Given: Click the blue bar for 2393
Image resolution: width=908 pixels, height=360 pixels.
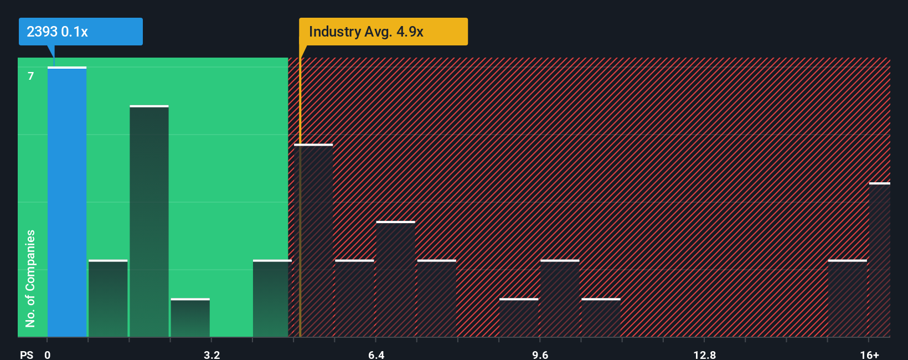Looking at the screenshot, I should coord(67,202).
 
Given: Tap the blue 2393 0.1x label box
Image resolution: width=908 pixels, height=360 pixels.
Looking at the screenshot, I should coord(81,32).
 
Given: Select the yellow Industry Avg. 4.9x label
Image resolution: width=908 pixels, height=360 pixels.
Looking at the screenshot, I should coord(383,32).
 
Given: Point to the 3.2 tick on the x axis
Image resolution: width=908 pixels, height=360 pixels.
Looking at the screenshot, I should coord(211,354).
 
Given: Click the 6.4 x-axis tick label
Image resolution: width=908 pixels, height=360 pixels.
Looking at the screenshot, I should coord(376,354).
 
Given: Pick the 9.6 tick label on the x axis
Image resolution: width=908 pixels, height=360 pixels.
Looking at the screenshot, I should coord(540,354).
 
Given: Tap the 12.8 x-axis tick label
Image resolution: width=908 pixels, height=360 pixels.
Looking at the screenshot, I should coord(704,354).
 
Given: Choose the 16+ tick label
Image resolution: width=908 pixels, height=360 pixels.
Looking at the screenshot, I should coord(869,354).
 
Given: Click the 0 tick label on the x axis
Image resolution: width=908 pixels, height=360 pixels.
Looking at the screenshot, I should coord(48,354).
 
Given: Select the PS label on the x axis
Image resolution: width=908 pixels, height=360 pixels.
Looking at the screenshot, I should coord(27,354).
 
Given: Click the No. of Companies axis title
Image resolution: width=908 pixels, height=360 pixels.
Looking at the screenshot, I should coord(30,278).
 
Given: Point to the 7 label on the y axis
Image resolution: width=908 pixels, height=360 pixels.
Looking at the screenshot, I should coord(31,76).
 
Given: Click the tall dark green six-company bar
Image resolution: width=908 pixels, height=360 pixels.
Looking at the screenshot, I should coord(149,222).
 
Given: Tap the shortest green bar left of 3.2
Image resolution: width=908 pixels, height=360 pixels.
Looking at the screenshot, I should coord(190,318).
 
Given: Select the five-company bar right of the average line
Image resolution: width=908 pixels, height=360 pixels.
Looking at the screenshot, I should coord(313,241).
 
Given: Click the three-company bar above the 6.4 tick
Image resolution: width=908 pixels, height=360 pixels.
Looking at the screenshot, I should coord(395,279).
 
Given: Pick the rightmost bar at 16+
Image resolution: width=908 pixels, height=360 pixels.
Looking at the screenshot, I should coord(879,260).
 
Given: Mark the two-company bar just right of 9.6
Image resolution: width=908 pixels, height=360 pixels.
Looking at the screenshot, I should coord(560,299).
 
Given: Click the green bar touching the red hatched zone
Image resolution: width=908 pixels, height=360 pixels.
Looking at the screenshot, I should coord(271,299).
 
